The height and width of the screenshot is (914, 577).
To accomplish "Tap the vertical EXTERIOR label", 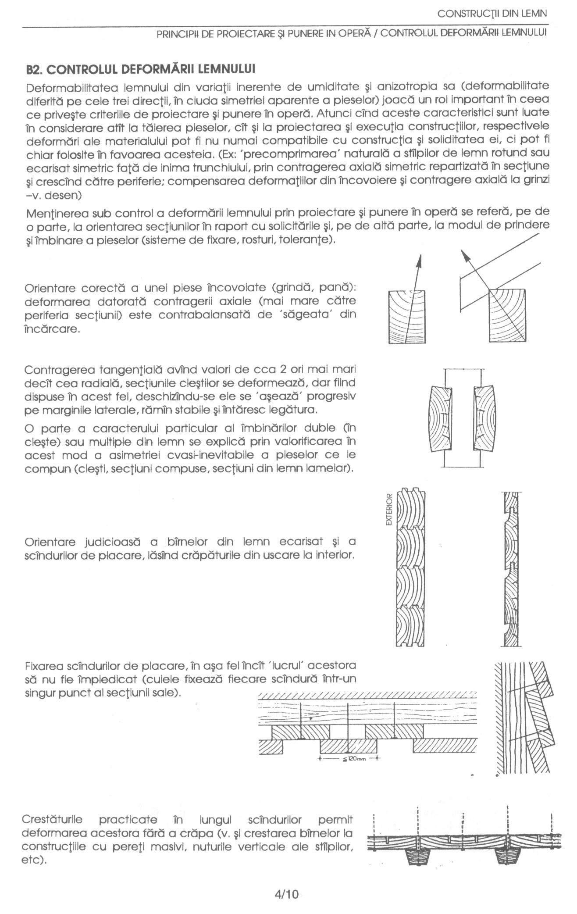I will pos(388,511).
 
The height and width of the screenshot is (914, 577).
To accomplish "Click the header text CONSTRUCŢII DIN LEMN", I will pos(492,14).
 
